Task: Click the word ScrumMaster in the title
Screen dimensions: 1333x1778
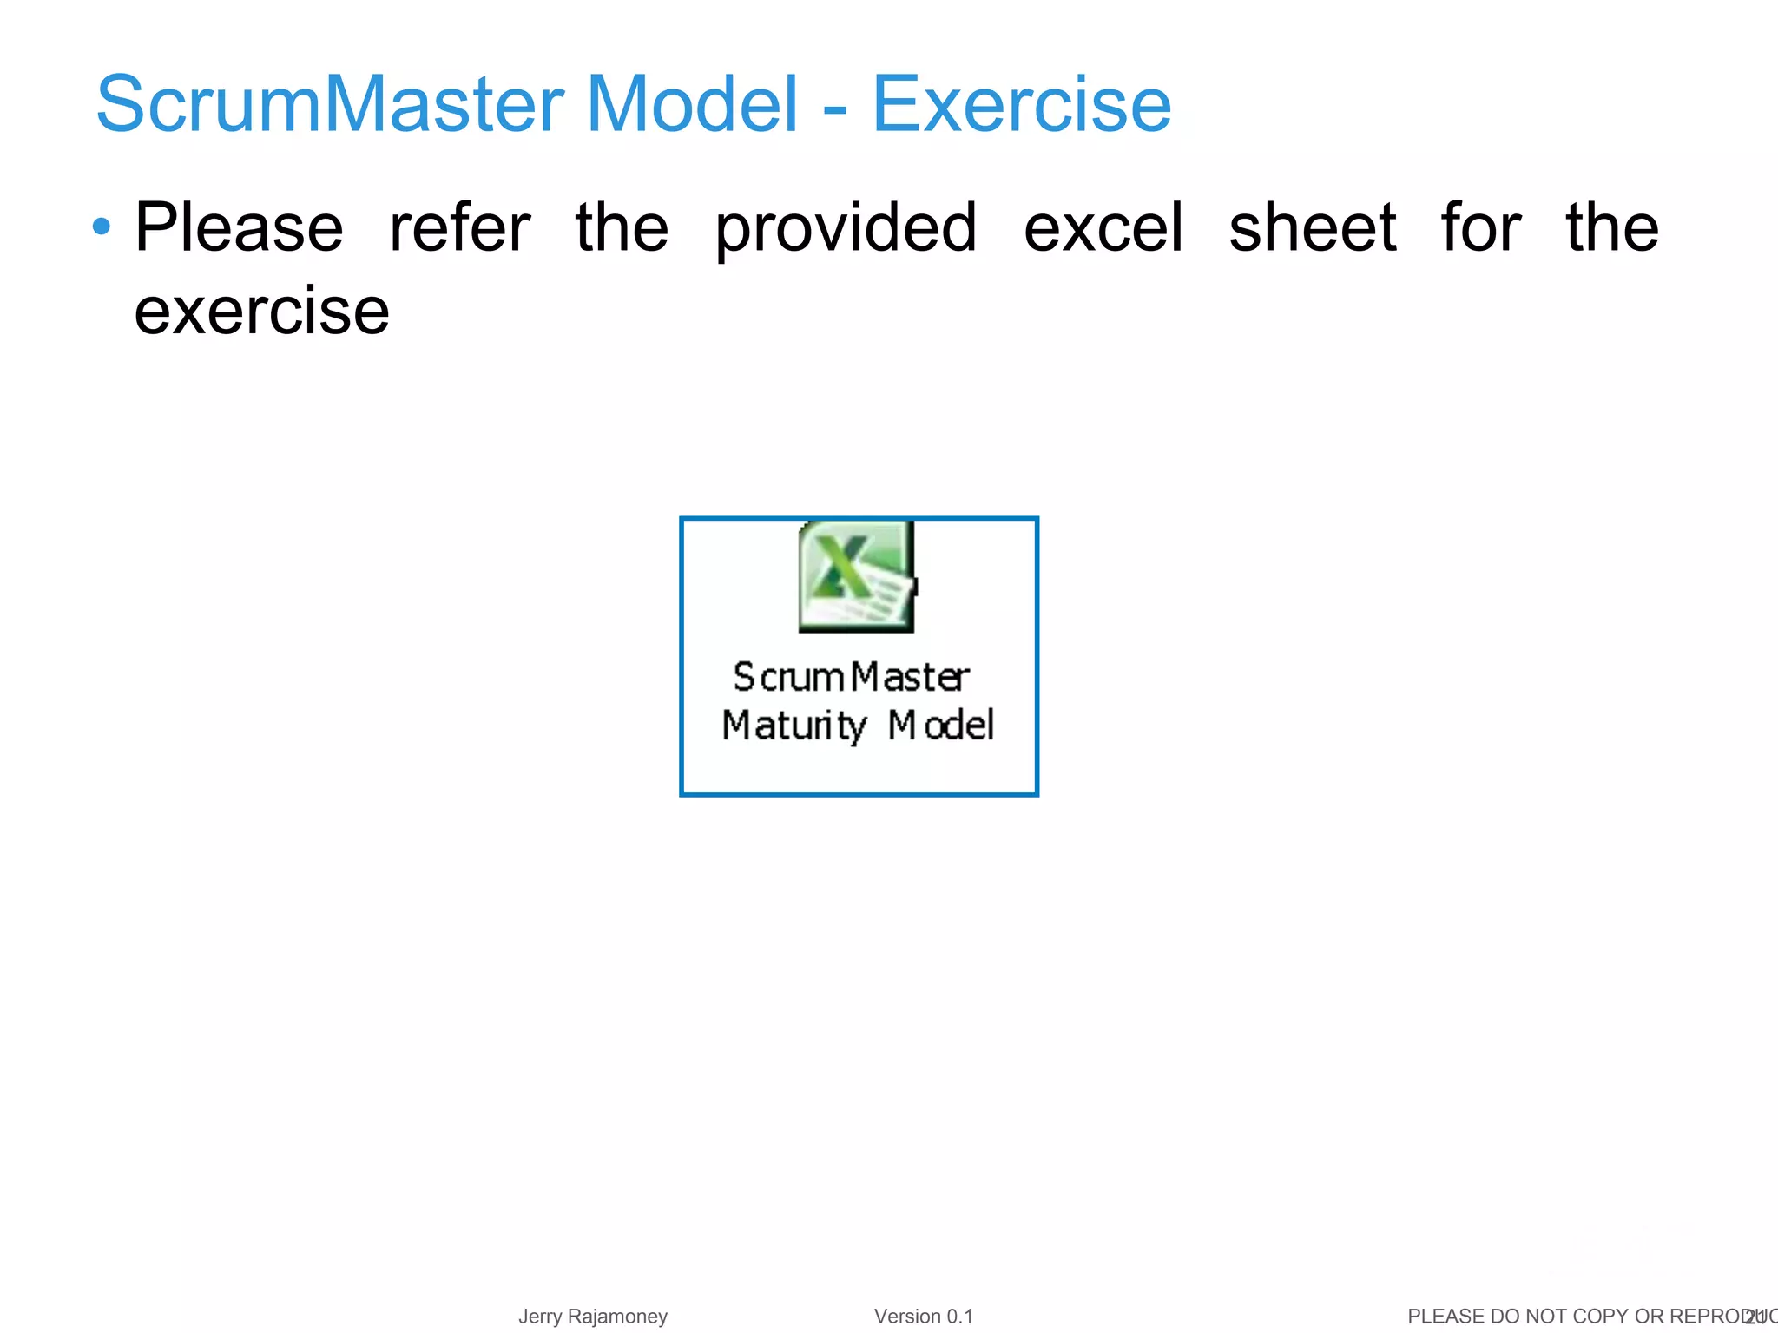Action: (x=330, y=104)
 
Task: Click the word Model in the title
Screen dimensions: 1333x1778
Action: (x=691, y=104)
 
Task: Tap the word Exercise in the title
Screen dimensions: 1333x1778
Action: (x=1021, y=104)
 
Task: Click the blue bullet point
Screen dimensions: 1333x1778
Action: (x=102, y=227)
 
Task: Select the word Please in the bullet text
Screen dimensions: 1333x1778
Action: (x=240, y=228)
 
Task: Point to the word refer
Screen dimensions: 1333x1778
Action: (x=459, y=228)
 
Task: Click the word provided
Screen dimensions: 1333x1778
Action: (x=846, y=228)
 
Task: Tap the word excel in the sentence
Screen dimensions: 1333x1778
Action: (x=1103, y=228)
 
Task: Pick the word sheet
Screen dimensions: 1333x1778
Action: (x=1312, y=228)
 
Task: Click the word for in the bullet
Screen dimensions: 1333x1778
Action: (x=1480, y=228)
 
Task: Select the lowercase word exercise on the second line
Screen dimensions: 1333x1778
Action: (x=261, y=311)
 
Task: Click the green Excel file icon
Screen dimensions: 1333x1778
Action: (x=856, y=576)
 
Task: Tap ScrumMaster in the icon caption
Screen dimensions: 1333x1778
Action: (x=851, y=678)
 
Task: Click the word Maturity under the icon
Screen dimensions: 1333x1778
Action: (x=794, y=726)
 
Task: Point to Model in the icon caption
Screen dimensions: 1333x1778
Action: (x=940, y=726)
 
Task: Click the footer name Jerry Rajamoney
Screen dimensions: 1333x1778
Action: (x=593, y=1317)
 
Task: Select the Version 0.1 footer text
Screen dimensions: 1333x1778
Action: (x=923, y=1317)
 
